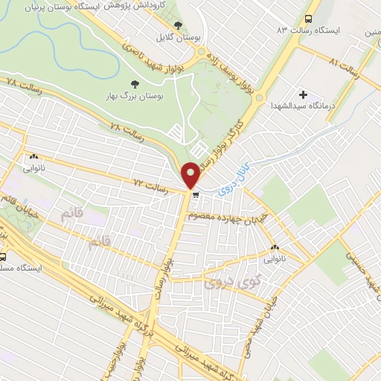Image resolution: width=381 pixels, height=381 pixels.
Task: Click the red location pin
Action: coord(191,174)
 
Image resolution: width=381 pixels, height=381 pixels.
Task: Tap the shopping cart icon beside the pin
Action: coord(196,196)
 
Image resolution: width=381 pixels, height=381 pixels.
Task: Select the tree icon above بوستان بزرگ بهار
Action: coord(135,83)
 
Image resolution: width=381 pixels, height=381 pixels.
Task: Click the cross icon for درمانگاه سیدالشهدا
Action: coord(303,95)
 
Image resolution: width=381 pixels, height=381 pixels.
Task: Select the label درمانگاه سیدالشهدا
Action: coord(304,106)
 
